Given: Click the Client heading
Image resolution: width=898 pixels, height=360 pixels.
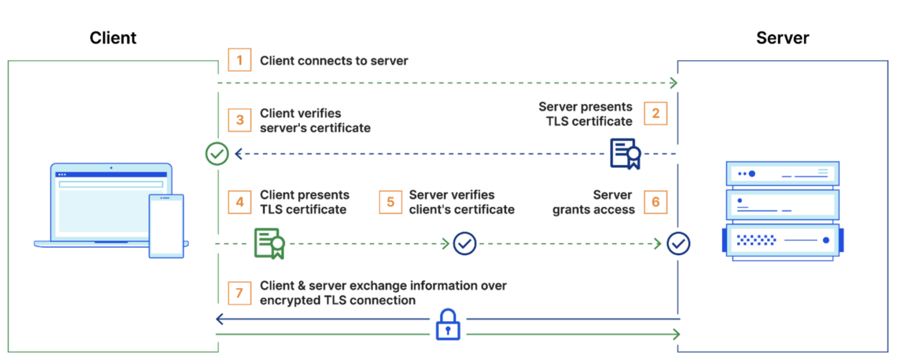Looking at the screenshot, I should point(113,38).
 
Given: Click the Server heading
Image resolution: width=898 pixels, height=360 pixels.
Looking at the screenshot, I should point(782,38).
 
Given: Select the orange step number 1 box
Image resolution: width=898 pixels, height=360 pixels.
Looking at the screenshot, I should point(239,60).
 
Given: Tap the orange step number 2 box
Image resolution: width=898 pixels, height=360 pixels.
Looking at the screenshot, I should point(655,113).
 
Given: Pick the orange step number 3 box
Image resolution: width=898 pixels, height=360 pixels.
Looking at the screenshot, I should point(239,120).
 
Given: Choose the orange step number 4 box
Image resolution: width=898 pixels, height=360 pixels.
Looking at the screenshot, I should point(239,202).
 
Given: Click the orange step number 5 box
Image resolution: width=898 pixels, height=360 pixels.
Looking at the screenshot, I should point(390,202).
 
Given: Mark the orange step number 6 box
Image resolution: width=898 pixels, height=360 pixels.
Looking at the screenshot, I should point(655,202).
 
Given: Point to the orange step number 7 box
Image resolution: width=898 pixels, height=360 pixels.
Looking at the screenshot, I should point(239,293).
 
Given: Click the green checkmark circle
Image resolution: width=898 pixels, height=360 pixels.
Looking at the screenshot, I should point(217,154).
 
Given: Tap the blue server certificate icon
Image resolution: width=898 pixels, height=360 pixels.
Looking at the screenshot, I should point(624,154).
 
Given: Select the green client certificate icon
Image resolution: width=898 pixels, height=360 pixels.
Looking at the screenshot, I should point(269,243).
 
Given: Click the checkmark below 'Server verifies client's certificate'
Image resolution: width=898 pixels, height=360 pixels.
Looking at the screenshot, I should point(465,243).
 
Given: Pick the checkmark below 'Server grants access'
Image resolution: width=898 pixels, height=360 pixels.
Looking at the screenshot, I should point(678,243).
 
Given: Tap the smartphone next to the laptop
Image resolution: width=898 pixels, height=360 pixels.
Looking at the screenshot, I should point(166,226).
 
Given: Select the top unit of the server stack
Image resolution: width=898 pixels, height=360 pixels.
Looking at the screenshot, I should point(782,174).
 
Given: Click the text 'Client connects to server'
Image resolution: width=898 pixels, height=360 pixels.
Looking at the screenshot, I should point(334,61).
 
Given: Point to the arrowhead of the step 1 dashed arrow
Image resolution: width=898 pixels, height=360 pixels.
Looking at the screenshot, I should point(674,84).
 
